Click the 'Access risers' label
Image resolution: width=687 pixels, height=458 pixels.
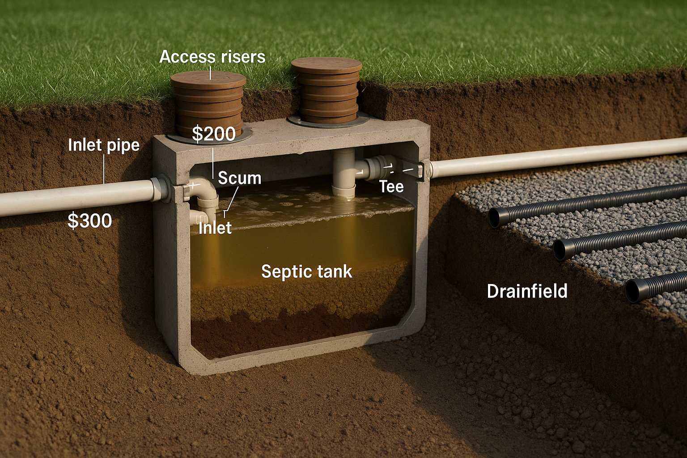click(x=212, y=57)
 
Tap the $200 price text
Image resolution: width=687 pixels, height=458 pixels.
click(x=214, y=134)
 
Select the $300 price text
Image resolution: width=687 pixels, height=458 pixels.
click(x=89, y=221)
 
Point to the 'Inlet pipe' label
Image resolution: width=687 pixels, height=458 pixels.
click(x=104, y=145)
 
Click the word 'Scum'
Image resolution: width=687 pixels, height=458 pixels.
click(x=239, y=178)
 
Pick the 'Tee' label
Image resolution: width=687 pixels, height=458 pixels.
click(x=391, y=186)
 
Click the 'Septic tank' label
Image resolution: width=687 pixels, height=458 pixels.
click(x=306, y=271)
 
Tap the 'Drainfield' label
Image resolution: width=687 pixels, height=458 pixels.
click(x=527, y=291)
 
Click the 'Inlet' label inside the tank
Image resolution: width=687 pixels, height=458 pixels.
click(x=215, y=228)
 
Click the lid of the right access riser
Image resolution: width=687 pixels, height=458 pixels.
click(x=326, y=66)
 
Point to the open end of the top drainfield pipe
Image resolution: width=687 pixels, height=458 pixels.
click(x=494, y=218)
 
